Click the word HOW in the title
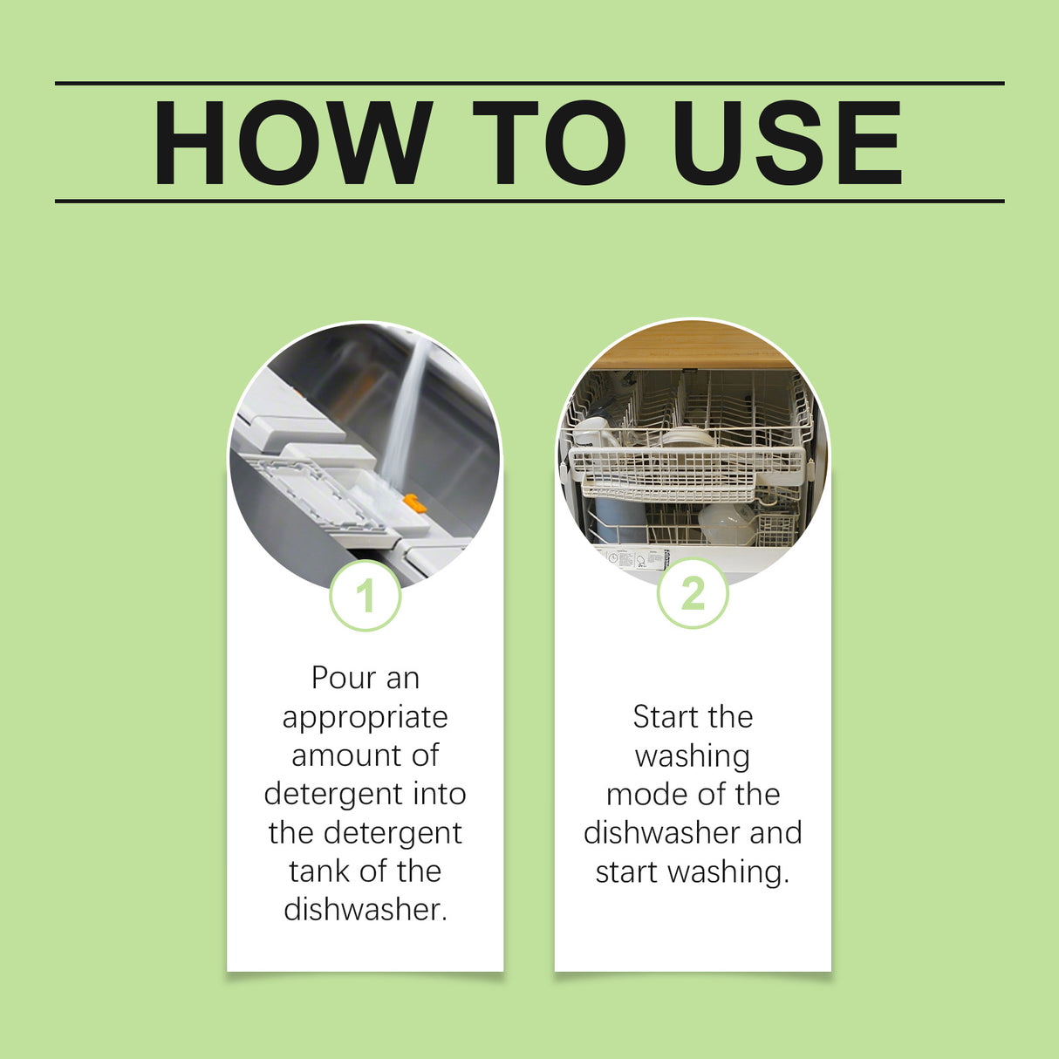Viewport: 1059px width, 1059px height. pyautogui.click(x=292, y=143)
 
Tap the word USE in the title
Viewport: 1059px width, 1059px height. pyautogui.click(x=787, y=143)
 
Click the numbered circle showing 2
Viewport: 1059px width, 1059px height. pyautogui.click(x=693, y=594)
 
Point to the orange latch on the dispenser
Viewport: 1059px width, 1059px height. pyautogui.click(x=414, y=502)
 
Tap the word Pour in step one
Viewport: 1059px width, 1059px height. pyautogui.click(x=341, y=678)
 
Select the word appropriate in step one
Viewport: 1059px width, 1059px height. pyautogui.click(x=365, y=717)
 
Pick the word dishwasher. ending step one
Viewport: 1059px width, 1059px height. pyautogui.click(x=365, y=909)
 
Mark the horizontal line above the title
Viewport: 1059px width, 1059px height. pyautogui.click(x=529, y=84)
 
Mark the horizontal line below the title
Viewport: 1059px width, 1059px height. pyautogui.click(x=529, y=201)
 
